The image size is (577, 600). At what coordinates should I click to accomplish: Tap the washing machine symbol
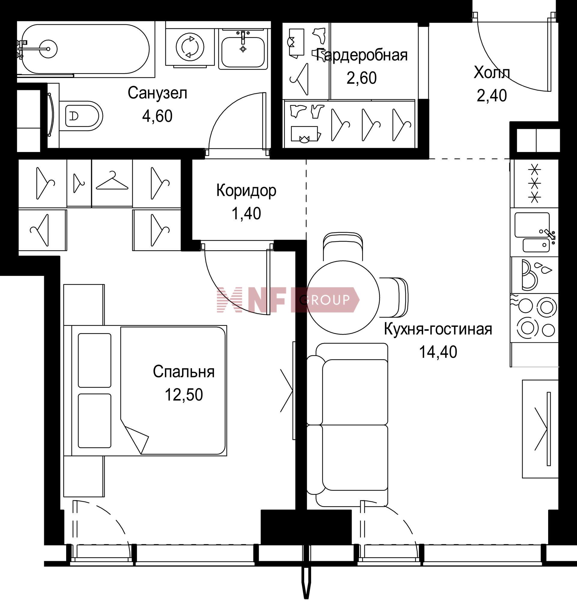tap(190, 47)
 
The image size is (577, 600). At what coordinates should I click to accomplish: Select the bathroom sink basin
tap(243, 52)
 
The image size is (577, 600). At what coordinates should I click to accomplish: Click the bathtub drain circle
tap(48, 49)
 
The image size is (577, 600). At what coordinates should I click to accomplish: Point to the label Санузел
tap(157, 93)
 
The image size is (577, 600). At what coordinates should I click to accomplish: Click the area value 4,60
tap(157, 116)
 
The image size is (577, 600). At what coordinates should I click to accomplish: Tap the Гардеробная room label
tap(362, 55)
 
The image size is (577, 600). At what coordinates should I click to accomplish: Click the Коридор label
tap(246, 190)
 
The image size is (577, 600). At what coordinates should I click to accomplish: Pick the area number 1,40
tap(246, 213)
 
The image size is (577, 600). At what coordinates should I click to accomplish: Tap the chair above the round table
tap(343, 247)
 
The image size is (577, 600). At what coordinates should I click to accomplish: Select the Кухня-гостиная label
tap(438, 329)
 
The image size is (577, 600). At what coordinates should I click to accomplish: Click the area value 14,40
tap(438, 352)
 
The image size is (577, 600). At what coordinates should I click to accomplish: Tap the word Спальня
tap(183, 372)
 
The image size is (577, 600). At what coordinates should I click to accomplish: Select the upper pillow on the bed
tap(94, 360)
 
